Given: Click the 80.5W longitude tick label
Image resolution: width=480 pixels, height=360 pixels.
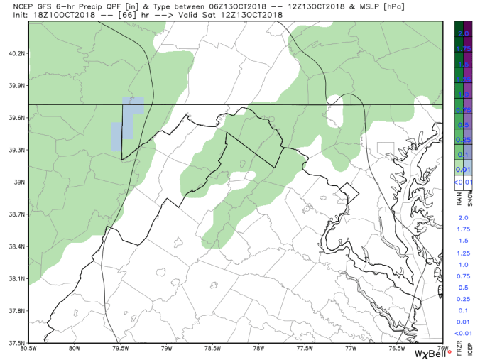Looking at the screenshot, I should tap(29, 348).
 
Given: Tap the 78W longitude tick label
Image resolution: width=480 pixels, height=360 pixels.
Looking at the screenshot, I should tap(258, 348).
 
